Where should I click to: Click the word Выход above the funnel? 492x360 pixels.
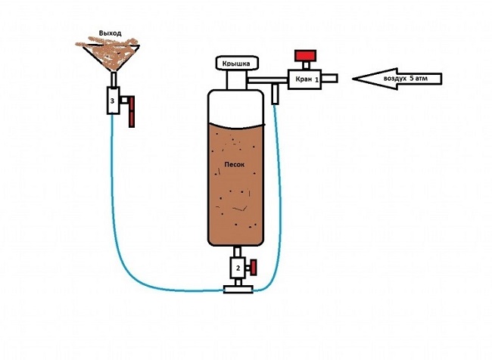111,35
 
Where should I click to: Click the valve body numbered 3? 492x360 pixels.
113,101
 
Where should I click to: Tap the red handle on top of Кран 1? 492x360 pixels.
306,57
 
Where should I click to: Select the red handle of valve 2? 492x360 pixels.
254,267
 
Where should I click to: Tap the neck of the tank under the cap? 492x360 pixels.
237,79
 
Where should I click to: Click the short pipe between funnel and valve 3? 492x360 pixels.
113,79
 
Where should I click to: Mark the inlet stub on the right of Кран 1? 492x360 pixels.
332,78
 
